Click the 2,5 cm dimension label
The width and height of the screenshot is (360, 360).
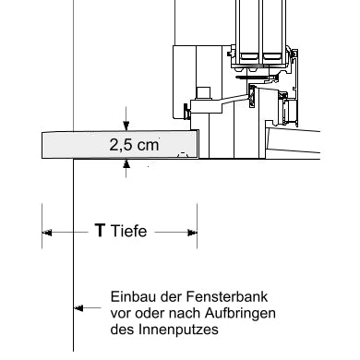134,145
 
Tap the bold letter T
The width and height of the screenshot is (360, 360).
100,230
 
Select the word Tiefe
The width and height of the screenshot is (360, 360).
128,231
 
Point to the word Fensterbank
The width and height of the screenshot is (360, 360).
227,297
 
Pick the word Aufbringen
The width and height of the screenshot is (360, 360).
240,314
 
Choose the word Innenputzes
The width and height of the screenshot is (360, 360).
178,330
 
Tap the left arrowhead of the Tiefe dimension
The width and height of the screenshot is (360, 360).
47,233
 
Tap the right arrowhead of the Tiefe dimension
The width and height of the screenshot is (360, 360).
192,233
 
